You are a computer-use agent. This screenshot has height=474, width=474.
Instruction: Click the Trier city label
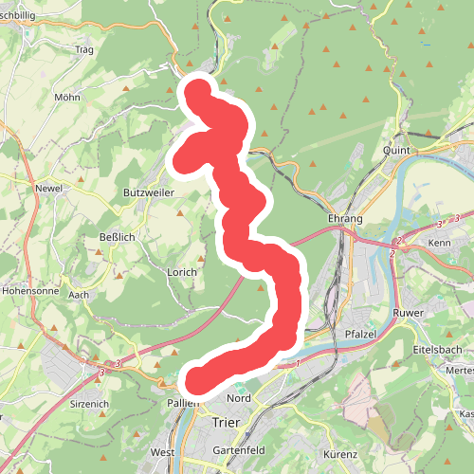(x=227, y=423)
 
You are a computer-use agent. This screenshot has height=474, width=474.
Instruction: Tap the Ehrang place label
(x=345, y=219)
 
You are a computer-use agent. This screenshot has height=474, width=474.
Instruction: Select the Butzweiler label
(x=145, y=192)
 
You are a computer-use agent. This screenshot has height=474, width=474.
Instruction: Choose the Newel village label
(x=48, y=188)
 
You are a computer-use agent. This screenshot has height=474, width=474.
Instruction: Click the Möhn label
(x=66, y=97)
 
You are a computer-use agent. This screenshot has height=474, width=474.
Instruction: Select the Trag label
(x=83, y=49)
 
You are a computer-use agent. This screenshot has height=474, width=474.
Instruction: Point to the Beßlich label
(x=117, y=237)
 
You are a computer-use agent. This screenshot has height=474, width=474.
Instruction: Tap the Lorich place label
(x=182, y=272)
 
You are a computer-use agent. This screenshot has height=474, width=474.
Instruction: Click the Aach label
(x=79, y=295)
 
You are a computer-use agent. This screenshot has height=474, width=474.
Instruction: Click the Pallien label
(x=184, y=403)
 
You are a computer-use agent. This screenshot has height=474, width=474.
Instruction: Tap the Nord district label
(x=239, y=398)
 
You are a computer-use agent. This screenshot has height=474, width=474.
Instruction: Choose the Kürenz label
(x=339, y=454)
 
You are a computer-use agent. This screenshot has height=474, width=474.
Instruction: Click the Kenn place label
(x=439, y=244)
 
